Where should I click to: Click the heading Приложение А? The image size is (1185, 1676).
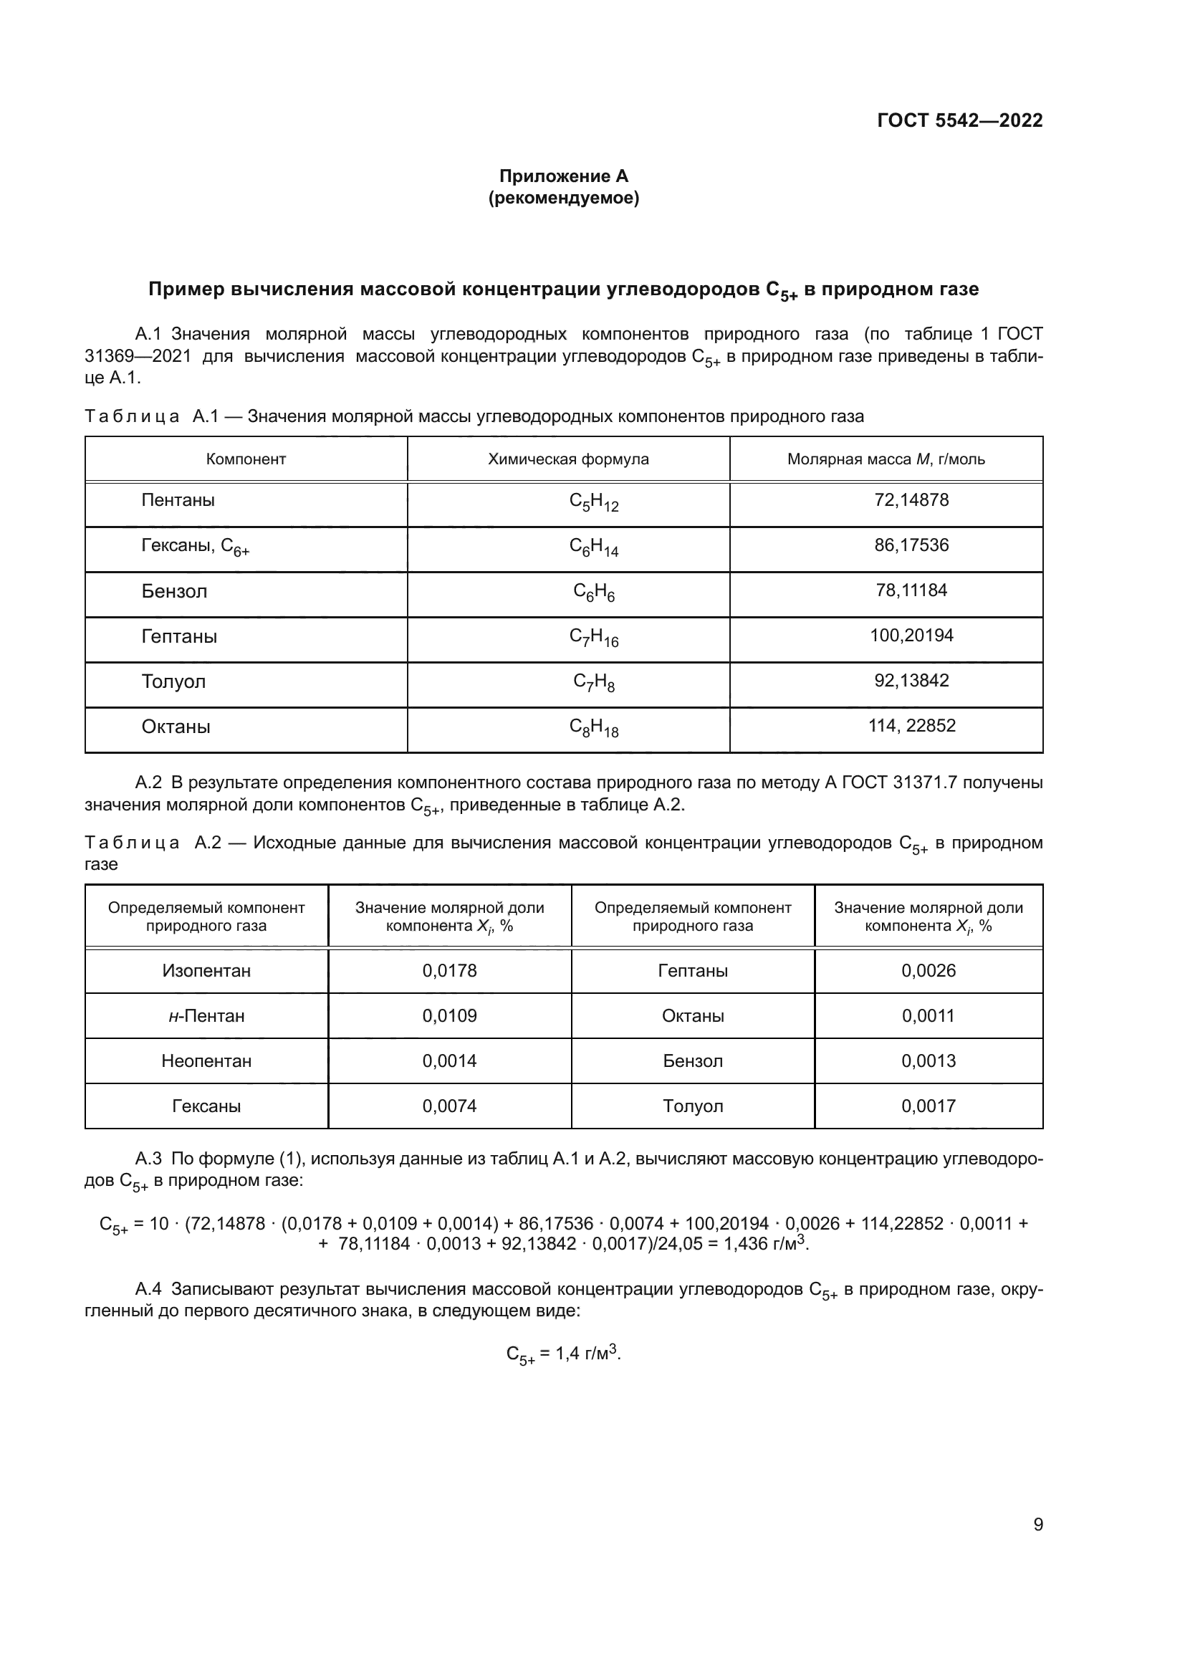pyautogui.click(x=563, y=176)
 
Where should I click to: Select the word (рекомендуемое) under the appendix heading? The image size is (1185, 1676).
pyautogui.click(x=563, y=198)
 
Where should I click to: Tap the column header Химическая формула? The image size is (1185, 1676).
pyautogui.click(x=567, y=459)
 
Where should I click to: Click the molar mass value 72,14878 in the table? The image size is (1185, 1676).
pyautogui.click(x=911, y=500)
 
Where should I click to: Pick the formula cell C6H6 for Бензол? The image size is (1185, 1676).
pyautogui.click(x=593, y=592)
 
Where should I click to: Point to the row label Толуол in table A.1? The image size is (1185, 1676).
pyautogui.click(x=173, y=681)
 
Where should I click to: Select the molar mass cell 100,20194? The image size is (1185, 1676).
pyautogui.click(x=911, y=635)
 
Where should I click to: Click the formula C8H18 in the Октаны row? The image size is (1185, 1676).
pyautogui.click(x=593, y=728)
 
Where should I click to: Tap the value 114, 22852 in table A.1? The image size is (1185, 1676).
pyautogui.click(x=911, y=726)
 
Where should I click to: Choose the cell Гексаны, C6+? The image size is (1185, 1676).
pyautogui.click(x=195, y=547)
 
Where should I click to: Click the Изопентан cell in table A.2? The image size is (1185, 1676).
pyautogui.click(x=206, y=970)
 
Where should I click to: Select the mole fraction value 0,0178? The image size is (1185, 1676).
pyautogui.click(x=449, y=970)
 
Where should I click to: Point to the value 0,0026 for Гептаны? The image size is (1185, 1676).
pyautogui.click(x=928, y=970)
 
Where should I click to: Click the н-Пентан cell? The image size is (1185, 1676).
pyautogui.click(x=206, y=1015)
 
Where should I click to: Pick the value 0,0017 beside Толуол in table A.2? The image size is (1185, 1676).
pyautogui.click(x=928, y=1106)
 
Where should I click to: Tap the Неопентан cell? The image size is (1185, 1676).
pyautogui.click(x=206, y=1060)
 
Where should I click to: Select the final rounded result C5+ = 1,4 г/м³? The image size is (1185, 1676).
pyautogui.click(x=563, y=1354)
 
